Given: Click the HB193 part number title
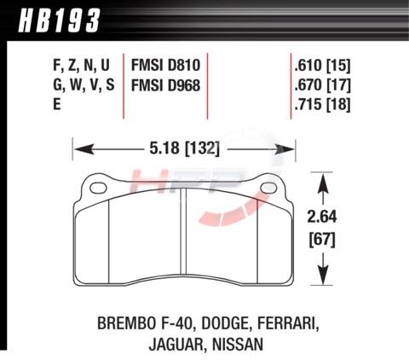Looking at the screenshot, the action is click(60, 20).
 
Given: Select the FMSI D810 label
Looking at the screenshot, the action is click(165, 65).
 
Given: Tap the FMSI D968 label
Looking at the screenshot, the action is click(165, 85).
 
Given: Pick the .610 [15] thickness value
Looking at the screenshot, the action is click(322, 66).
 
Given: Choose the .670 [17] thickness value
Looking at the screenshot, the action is click(322, 85).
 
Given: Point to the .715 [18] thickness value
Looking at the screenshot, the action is click(322, 104).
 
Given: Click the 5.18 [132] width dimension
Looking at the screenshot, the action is click(185, 148).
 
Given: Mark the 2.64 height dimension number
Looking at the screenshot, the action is click(322, 217).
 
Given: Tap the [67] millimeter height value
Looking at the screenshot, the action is click(322, 241).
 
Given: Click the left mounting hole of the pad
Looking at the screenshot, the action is click(98, 188).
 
